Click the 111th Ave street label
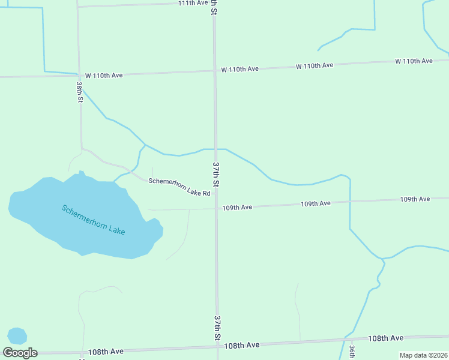[193, 3]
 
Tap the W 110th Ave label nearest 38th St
[104, 75]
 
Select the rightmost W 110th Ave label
[414, 61]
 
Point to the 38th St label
[79, 93]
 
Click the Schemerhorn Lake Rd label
[179, 187]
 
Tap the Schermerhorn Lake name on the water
[93, 220]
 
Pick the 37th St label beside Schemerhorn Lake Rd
[216, 173]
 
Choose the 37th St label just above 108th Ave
[217, 327]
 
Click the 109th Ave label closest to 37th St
[237, 207]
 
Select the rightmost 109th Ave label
[415, 199]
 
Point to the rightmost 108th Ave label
[385, 338]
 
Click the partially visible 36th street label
[352, 352]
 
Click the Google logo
[20, 353]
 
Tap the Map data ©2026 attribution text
[423, 355]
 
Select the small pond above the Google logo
[17, 336]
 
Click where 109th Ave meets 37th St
[216, 208]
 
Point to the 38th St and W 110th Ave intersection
[78, 76]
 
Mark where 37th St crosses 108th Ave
[217, 347]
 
